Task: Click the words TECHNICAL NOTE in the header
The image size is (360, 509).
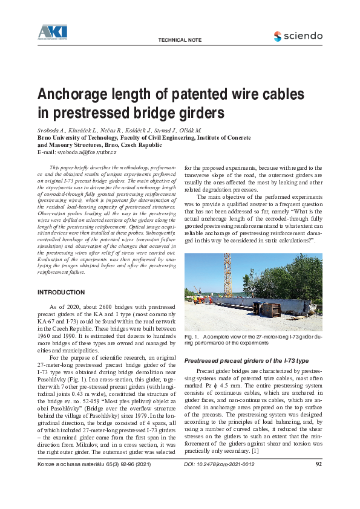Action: (x=178, y=40)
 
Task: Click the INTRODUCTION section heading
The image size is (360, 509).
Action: (x=62, y=293)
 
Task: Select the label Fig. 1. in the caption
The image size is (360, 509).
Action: (x=191, y=336)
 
